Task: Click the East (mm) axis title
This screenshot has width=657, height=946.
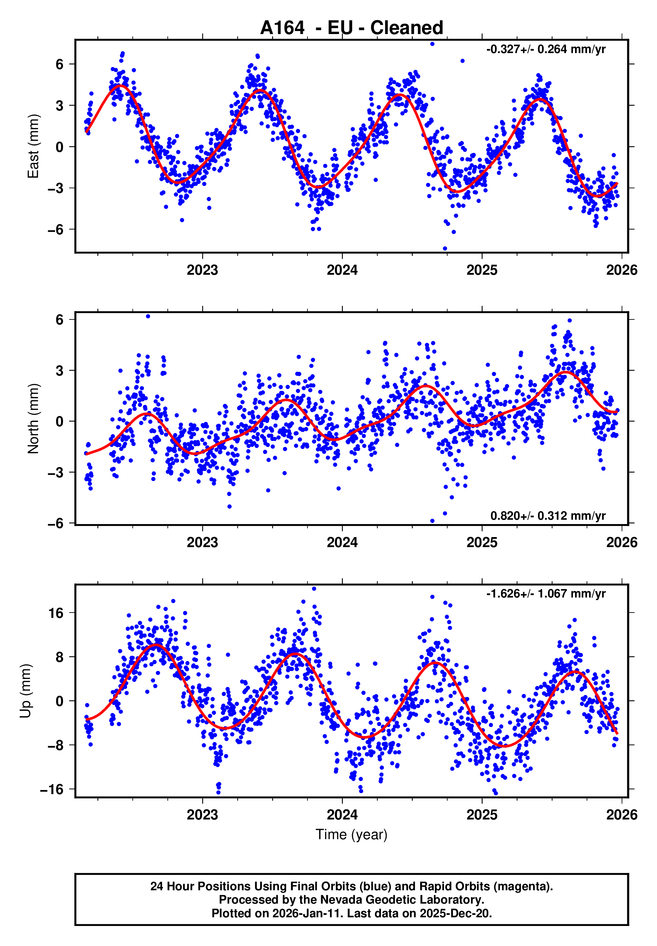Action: coord(33,146)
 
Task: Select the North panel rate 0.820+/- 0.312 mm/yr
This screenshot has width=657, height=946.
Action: coord(548,516)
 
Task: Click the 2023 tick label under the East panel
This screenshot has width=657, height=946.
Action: coord(202,270)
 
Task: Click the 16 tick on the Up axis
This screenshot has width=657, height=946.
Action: coord(56,613)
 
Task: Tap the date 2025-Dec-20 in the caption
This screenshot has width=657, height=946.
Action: coord(455,913)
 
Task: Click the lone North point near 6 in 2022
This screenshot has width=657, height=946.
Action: coord(148,316)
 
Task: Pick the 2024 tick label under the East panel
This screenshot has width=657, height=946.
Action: coord(342,270)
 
